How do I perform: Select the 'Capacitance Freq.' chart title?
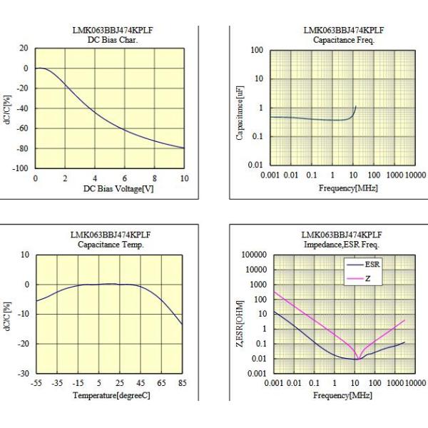pos(335,39)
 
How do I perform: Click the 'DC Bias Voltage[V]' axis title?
pos(109,189)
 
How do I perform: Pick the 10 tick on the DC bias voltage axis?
pos(184,178)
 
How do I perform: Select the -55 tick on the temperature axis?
pos(38,383)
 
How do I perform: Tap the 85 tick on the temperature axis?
pos(183,383)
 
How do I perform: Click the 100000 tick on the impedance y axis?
pos(254,255)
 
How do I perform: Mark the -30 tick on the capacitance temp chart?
pos(24,373)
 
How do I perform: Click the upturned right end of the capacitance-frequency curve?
pos(355,107)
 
